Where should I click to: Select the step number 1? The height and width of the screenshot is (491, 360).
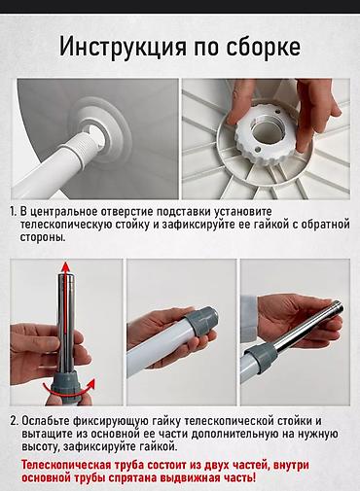pyautogui.click(x=13, y=211)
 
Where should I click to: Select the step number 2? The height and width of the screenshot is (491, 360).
pyautogui.click(x=14, y=421)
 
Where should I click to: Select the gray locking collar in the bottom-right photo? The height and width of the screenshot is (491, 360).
pyautogui.click(x=260, y=362)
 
